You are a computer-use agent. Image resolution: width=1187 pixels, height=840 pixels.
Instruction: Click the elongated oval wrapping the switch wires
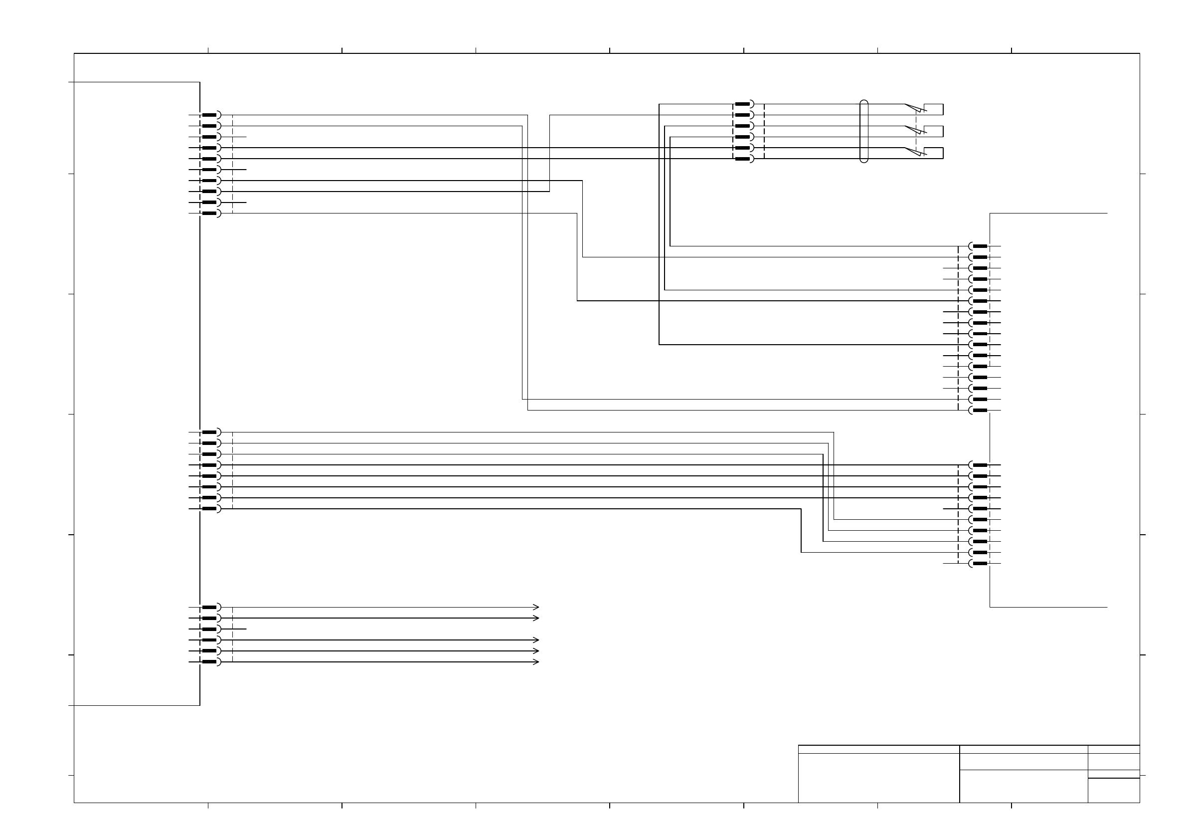pyautogui.click(x=864, y=131)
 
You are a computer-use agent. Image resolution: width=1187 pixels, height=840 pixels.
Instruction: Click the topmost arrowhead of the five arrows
pyautogui.click(x=536, y=607)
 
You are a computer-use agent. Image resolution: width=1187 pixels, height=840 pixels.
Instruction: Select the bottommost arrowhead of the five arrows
pyautogui.click(x=536, y=662)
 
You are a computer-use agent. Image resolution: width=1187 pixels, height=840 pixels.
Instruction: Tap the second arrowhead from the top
pyautogui.click(x=536, y=618)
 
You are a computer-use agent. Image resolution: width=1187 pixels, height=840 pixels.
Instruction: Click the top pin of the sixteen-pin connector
pyautogui.click(x=980, y=246)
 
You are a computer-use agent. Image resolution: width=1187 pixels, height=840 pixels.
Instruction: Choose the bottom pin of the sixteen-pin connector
pyautogui.click(x=980, y=410)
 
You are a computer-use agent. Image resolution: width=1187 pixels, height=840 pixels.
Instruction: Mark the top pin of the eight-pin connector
pyautogui.click(x=209, y=432)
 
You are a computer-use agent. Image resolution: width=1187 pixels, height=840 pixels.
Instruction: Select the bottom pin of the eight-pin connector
pyautogui.click(x=209, y=509)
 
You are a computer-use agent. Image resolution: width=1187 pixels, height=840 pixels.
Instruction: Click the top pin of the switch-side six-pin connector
pyautogui.click(x=742, y=104)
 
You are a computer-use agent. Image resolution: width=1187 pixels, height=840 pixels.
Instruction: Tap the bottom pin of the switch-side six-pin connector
pyautogui.click(x=742, y=159)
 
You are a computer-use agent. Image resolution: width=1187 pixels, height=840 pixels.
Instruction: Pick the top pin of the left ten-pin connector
pyautogui.click(x=209, y=115)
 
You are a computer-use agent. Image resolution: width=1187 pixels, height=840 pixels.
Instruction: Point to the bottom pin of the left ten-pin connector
pyautogui.click(x=209, y=213)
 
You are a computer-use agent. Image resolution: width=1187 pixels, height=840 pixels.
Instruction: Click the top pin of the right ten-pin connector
pyautogui.click(x=980, y=465)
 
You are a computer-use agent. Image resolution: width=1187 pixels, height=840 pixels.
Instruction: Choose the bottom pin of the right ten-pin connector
pyautogui.click(x=980, y=563)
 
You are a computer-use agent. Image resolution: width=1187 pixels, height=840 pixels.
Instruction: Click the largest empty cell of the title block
pyautogui.click(x=879, y=778)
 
